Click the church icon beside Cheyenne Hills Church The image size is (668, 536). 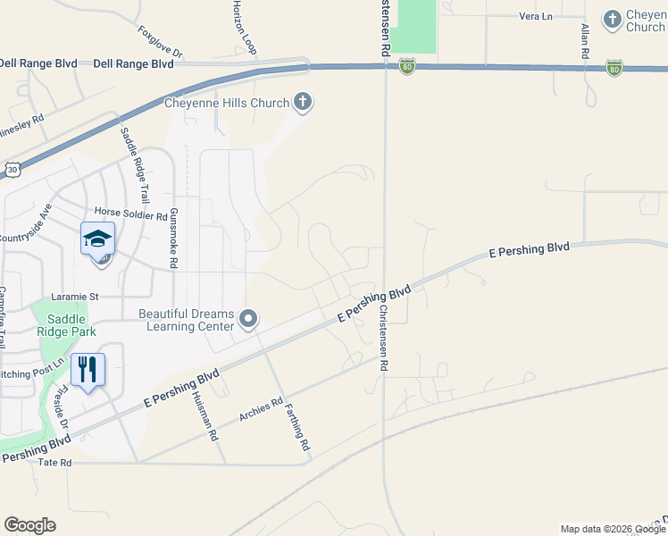pyautogui.click(x=303, y=102)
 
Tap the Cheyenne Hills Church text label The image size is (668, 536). pyautogui.click(x=227, y=103)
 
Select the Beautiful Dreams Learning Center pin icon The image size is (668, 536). pyautogui.click(x=249, y=319)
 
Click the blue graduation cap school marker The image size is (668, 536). pyautogui.click(x=98, y=239)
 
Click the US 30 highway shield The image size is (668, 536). pyautogui.click(x=12, y=168)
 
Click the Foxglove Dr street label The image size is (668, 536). pyautogui.click(x=160, y=42)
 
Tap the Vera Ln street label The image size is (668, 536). pyautogui.click(x=536, y=16)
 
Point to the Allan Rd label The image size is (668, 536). pyautogui.click(x=585, y=41)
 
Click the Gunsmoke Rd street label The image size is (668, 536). pyautogui.click(x=174, y=238)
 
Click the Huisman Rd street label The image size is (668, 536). pyautogui.click(x=213, y=418)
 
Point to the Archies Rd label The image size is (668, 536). pyautogui.click(x=261, y=411)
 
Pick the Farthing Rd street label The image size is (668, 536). pyautogui.click(x=297, y=426)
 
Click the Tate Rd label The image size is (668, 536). pyautogui.click(x=54, y=463)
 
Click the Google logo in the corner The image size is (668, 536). pyautogui.click(x=29, y=525)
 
